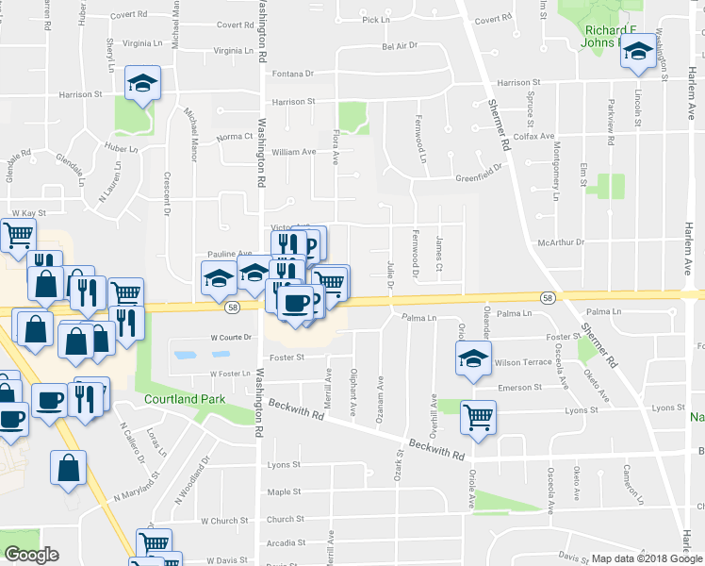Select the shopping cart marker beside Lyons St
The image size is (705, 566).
pyautogui.click(x=479, y=415)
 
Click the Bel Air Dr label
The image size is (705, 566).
pyautogui.click(x=400, y=45)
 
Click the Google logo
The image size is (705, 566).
pyautogui.click(x=31, y=555)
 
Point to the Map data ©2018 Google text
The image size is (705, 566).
pyautogui.click(x=641, y=558)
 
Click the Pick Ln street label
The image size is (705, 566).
pyautogui.click(x=375, y=19)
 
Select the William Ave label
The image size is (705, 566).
pyautogui.click(x=293, y=152)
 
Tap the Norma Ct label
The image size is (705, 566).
pyautogui.click(x=235, y=137)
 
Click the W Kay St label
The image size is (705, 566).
pyautogui.click(x=28, y=214)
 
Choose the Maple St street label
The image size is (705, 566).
pyautogui.click(x=284, y=491)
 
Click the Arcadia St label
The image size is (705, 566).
pyautogui.click(x=285, y=543)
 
